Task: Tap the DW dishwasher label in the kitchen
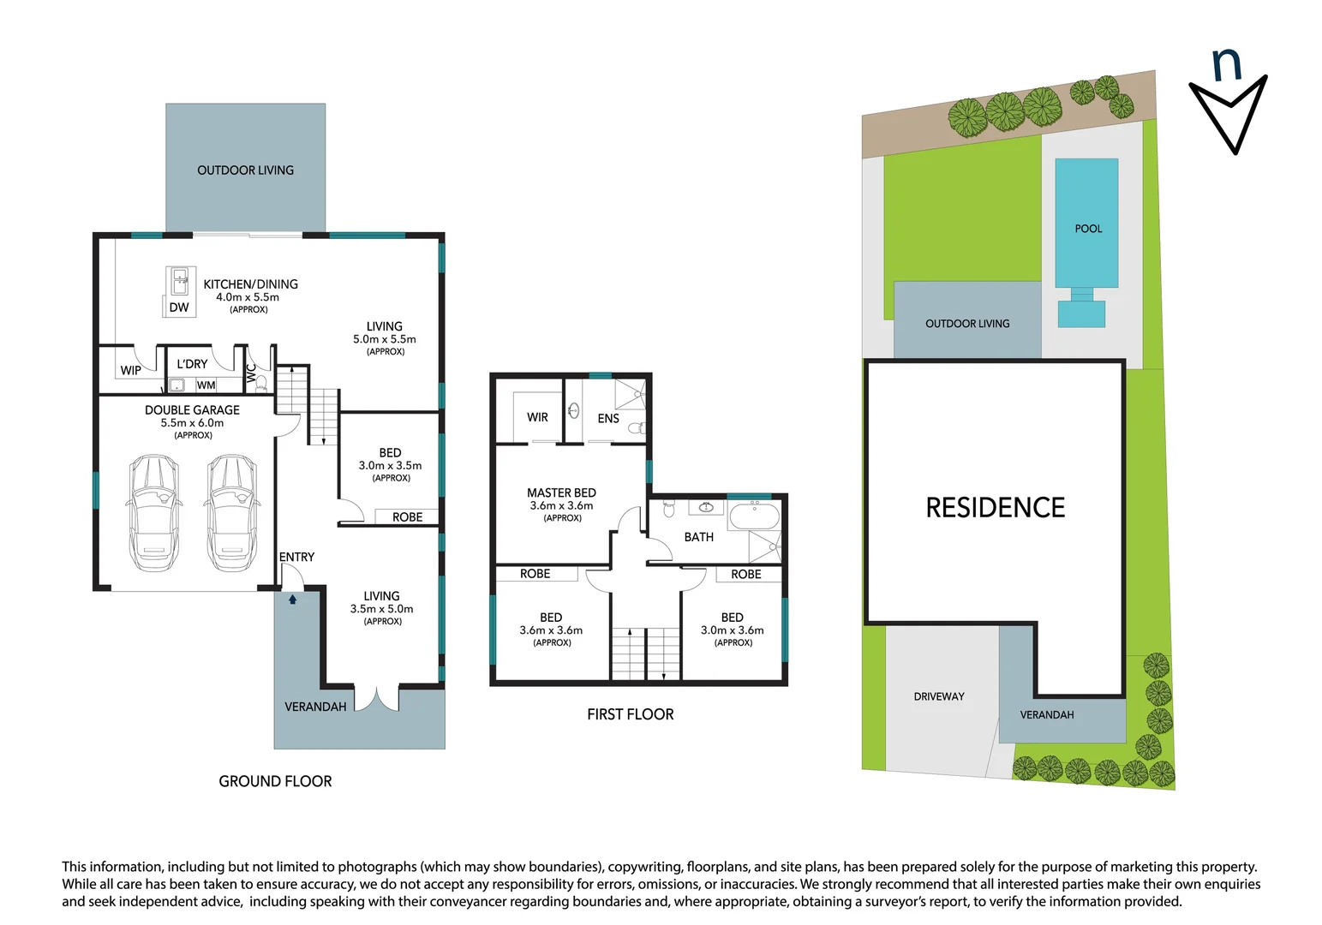point(179,307)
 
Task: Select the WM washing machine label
point(206,385)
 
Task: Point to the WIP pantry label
point(130,371)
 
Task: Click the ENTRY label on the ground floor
point(296,557)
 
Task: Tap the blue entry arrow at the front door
point(292,600)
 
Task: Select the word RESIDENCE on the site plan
point(995,508)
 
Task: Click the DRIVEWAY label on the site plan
point(938,696)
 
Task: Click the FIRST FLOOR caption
point(630,714)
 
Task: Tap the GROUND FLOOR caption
point(275,781)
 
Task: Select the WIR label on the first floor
point(537,417)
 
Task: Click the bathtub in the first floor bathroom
point(754,517)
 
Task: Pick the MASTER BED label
point(561,492)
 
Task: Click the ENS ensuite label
point(607,419)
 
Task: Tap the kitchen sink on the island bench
point(181,277)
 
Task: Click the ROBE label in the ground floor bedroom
point(407,517)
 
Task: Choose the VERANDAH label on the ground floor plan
point(315,707)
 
